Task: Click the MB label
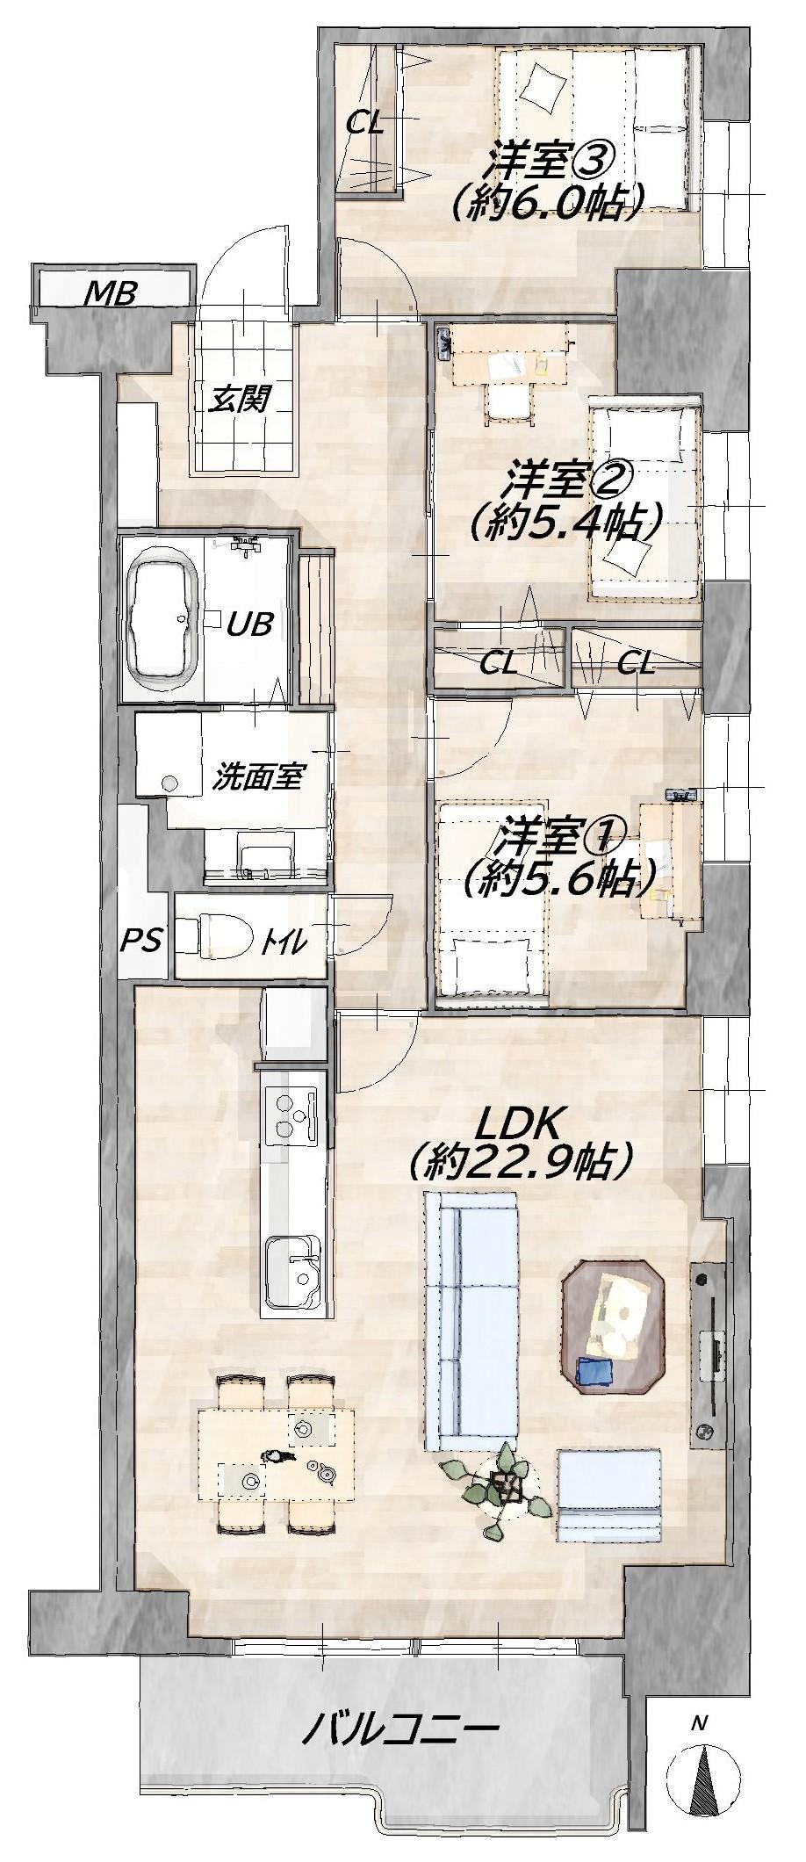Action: pos(110,292)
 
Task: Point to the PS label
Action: pos(141,941)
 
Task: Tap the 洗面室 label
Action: pos(258,777)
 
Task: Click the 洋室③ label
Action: pos(551,160)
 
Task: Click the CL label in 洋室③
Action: pos(364,123)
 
